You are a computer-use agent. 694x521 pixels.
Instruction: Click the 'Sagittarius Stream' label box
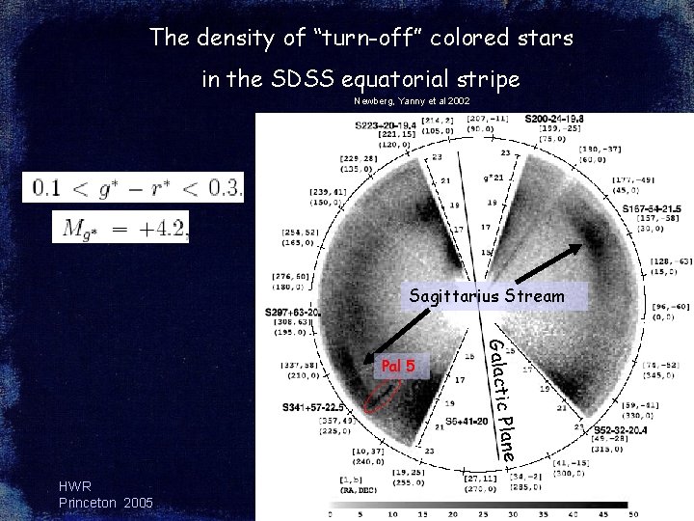(x=486, y=296)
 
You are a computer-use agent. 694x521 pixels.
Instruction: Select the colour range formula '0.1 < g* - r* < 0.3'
(x=134, y=186)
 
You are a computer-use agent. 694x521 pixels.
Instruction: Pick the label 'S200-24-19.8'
(x=554, y=119)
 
